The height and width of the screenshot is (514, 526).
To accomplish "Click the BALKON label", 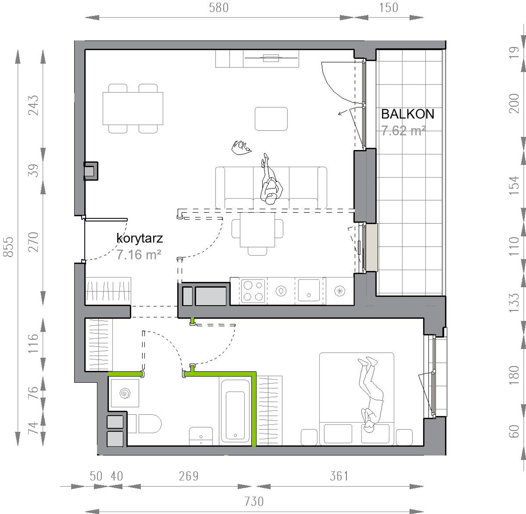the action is point(408,114).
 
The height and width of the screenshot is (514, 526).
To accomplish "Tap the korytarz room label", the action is point(140,238).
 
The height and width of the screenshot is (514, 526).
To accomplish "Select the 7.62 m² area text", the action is point(403,131).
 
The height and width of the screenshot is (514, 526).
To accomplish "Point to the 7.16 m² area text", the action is point(139,254).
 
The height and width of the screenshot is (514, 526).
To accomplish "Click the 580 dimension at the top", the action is point(219,8).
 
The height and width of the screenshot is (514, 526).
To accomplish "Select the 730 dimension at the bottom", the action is point(254,502).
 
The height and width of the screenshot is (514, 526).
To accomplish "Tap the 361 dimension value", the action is point(339,476).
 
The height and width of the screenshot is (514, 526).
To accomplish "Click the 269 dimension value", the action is point(189,476).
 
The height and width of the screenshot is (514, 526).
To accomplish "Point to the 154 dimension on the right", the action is point(514,185).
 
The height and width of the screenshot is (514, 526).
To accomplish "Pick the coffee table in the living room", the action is point(271,119).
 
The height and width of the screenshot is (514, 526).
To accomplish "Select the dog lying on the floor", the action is point(241,147).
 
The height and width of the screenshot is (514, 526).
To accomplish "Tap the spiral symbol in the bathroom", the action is point(125,393).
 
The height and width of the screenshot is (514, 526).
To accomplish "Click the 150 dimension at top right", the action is point(388,8).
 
